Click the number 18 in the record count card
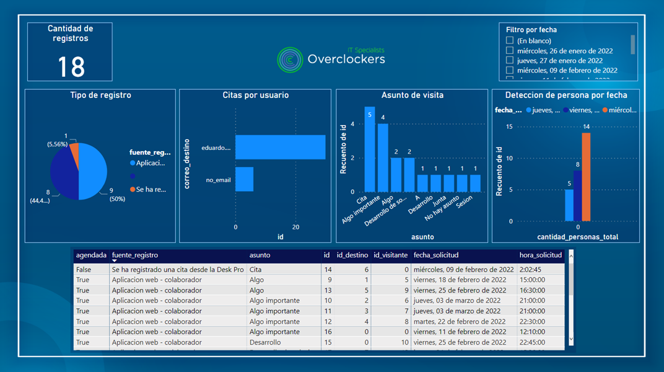pos(71,66)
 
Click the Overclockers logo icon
pos(289,59)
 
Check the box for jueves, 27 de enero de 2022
pos(510,61)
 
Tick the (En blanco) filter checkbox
pos(510,41)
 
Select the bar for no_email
pos(244,179)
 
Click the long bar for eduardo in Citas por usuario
pos(280,147)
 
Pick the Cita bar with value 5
pos(370,149)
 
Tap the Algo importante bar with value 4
pos(383,157)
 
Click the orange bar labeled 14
pos(586,177)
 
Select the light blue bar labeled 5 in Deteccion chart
pos(569,205)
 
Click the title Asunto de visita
pos(412,95)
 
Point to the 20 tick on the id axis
pos(295,227)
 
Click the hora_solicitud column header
pos(540,255)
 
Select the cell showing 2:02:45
pos(532,270)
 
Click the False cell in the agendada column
pos(83,270)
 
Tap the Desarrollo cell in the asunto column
pos(265,342)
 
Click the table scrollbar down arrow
pos(570,340)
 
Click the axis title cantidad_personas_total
pos(577,237)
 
